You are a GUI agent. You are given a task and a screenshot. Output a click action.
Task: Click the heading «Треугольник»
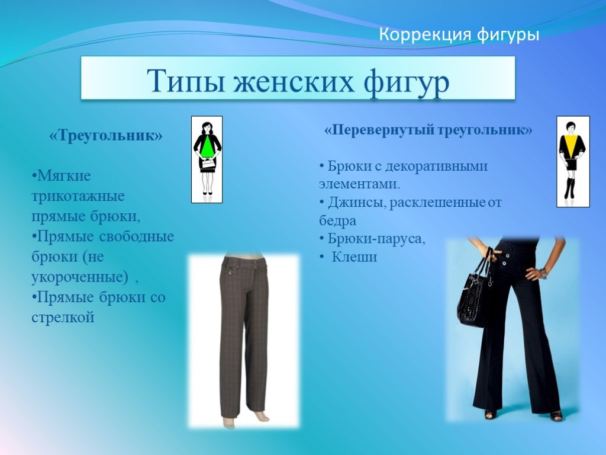(x=106, y=136)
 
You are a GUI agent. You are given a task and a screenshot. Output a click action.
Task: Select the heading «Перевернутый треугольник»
(x=428, y=130)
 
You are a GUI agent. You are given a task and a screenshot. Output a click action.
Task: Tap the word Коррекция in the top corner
(x=425, y=34)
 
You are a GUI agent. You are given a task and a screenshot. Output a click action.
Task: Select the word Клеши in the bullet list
(x=354, y=257)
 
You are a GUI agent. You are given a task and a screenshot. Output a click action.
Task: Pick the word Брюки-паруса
(x=376, y=239)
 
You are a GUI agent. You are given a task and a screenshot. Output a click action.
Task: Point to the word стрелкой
(x=63, y=318)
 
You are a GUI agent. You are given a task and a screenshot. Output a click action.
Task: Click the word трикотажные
(x=78, y=196)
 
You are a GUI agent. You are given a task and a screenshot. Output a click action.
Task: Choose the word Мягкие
(x=64, y=176)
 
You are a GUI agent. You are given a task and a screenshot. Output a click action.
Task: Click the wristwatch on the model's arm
(x=544, y=274)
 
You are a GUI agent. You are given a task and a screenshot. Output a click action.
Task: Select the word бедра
(x=337, y=220)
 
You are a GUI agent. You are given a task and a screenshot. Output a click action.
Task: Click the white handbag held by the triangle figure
(x=208, y=163)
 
